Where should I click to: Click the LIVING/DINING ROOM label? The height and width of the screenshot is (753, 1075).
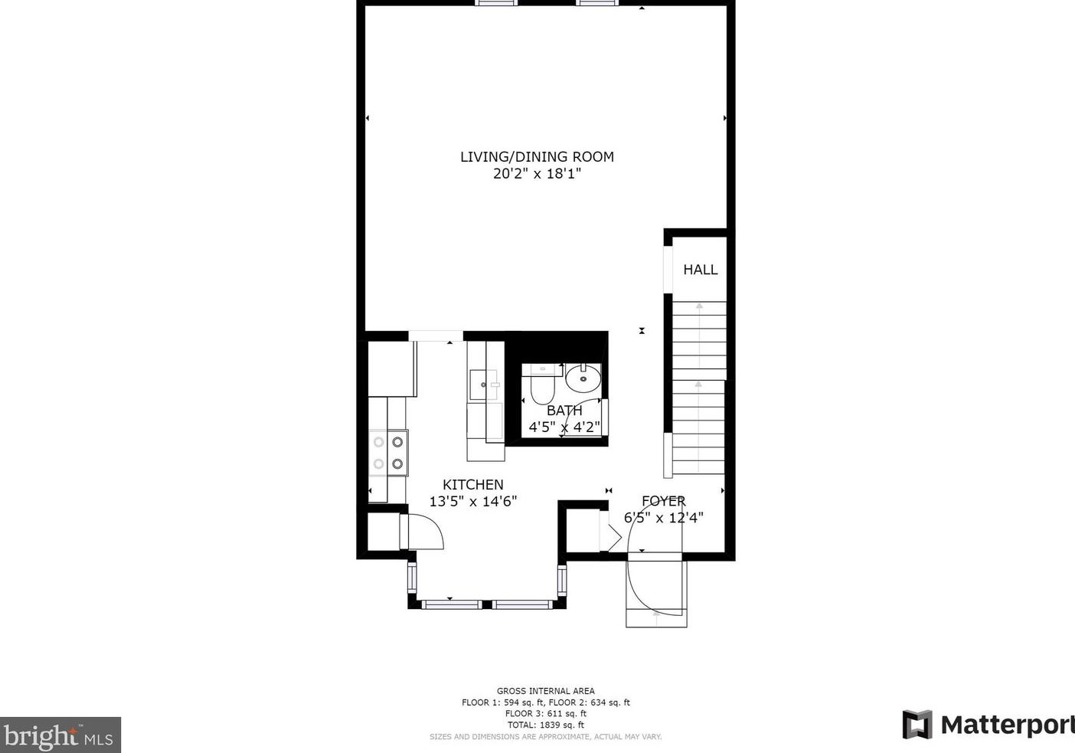(537, 156)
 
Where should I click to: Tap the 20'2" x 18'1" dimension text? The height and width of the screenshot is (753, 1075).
(537, 174)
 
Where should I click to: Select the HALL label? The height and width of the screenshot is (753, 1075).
(700, 270)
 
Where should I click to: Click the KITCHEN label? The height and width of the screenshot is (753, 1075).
(473, 484)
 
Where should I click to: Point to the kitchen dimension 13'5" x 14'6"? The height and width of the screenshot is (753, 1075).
(473, 502)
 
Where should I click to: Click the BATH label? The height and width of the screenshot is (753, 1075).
(564, 411)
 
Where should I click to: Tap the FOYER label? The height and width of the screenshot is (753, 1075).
(663, 501)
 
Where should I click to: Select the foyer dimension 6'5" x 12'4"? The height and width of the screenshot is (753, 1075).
(663, 518)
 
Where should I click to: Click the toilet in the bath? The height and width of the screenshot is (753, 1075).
(541, 387)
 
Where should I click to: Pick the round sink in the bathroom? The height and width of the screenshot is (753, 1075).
(584, 378)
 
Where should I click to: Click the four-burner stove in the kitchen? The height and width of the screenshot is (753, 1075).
(388, 453)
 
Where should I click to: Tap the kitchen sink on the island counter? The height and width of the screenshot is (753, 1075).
(483, 384)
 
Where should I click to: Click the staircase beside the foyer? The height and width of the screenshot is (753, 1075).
(698, 387)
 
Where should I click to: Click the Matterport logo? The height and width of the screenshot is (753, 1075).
(988, 725)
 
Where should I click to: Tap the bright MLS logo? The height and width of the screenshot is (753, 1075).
(60, 735)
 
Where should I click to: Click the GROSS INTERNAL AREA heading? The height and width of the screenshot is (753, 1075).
(545, 691)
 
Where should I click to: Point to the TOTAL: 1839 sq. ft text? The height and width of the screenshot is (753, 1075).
(545, 725)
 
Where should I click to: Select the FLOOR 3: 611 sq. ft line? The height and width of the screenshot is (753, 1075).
(545, 713)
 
